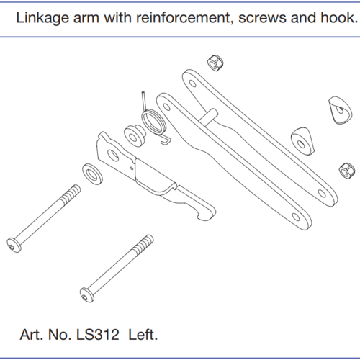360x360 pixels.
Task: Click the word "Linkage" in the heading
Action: coord(42,18)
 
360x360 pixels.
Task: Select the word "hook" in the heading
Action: coord(339,17)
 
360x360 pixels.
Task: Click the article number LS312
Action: coord(97,335)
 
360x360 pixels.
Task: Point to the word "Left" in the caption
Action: coord(143,335)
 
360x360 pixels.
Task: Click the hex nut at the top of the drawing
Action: coord(215,63)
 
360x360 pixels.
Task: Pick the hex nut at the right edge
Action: coord(347,170)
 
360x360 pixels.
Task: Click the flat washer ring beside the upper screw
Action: coord(92,174)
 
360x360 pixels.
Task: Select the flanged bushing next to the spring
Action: coord(135,135)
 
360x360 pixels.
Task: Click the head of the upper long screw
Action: coord(14,245)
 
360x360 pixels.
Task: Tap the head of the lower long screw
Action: coord(86,295)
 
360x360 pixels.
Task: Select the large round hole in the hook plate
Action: coord(113,156)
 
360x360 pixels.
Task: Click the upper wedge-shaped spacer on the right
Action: coord(340,110)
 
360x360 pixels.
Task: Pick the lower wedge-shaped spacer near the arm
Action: coord(302,141)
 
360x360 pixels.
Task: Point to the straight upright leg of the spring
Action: coord(144,100)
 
